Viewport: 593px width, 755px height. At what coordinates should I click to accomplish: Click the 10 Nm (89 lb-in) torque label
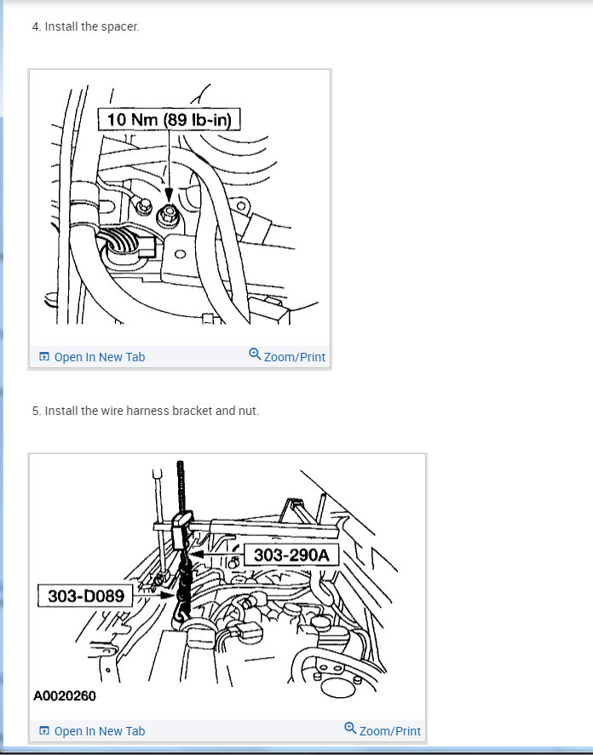pyautogui.click(x=169, y=119)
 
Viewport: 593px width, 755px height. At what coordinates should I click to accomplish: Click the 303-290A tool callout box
pyautogui.click(x=291, y=555)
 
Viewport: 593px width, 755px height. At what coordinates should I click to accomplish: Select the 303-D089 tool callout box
pyautogui.click(x=86, y=596)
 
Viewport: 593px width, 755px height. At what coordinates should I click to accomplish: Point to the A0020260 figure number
pyautogui.click(x=65, y=695)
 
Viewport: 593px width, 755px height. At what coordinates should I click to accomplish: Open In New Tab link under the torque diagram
pyautogui.click(x=92, y=357)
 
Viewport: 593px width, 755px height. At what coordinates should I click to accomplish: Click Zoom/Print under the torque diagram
pyautogui.click(x=287, y=356)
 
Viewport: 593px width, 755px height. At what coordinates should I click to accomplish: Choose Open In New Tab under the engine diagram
pyautogui.click(x=92, y=731)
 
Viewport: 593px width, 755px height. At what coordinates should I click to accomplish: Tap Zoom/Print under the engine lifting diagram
pyautogui.click(x=383, y=730)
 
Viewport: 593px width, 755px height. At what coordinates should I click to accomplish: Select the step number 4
pyautogui.click(x=36, y=27)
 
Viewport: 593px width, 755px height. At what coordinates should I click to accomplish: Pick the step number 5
pyautogui.click(x=36, y=412)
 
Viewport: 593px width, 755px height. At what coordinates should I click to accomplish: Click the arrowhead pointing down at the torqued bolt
pyautogui.click(x=169, y=194)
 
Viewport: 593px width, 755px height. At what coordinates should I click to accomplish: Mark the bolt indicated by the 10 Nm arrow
pyautogui.click(x=168, y=214)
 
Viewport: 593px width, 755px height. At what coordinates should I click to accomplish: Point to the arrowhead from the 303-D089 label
pyautogui.click(x=168, y=596)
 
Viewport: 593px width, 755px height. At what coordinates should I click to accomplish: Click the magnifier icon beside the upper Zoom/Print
pyautogui.click(x=255, y=354)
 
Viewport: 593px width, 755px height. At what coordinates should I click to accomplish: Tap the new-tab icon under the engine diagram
pyautogui.click(x=43, y=731)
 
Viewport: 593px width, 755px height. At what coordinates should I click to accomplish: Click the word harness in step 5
pyautogui.click(x=147, y=411)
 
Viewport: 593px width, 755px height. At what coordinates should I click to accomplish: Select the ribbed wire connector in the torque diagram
pyautogui.click(x=126, y=243)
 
